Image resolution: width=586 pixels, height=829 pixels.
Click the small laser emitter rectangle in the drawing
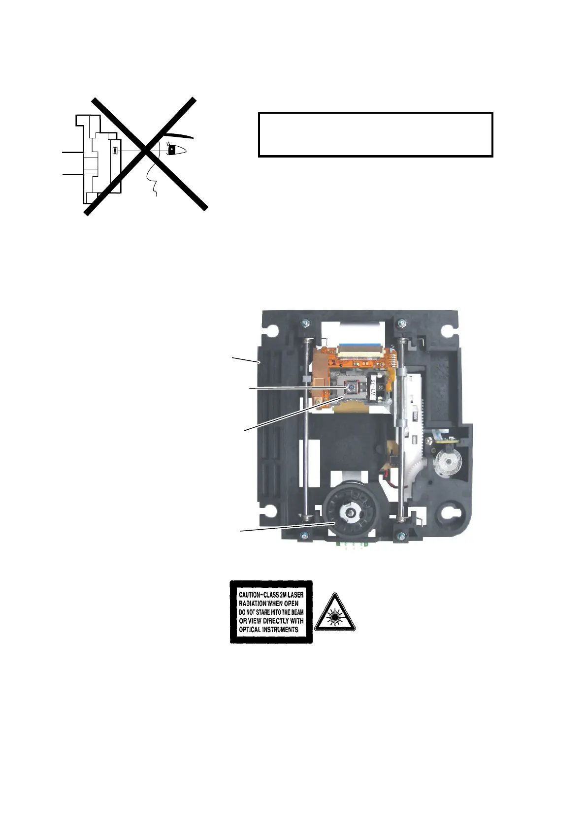pos(115,151)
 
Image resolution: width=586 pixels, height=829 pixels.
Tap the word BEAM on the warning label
pos(295,612)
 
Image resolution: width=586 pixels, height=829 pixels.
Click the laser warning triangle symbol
pos(335,613)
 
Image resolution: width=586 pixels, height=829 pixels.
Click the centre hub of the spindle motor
pos(350,513)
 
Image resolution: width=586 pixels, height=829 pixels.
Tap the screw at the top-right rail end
pos(403,323)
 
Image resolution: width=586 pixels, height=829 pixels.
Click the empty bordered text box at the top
pos(376,134)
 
